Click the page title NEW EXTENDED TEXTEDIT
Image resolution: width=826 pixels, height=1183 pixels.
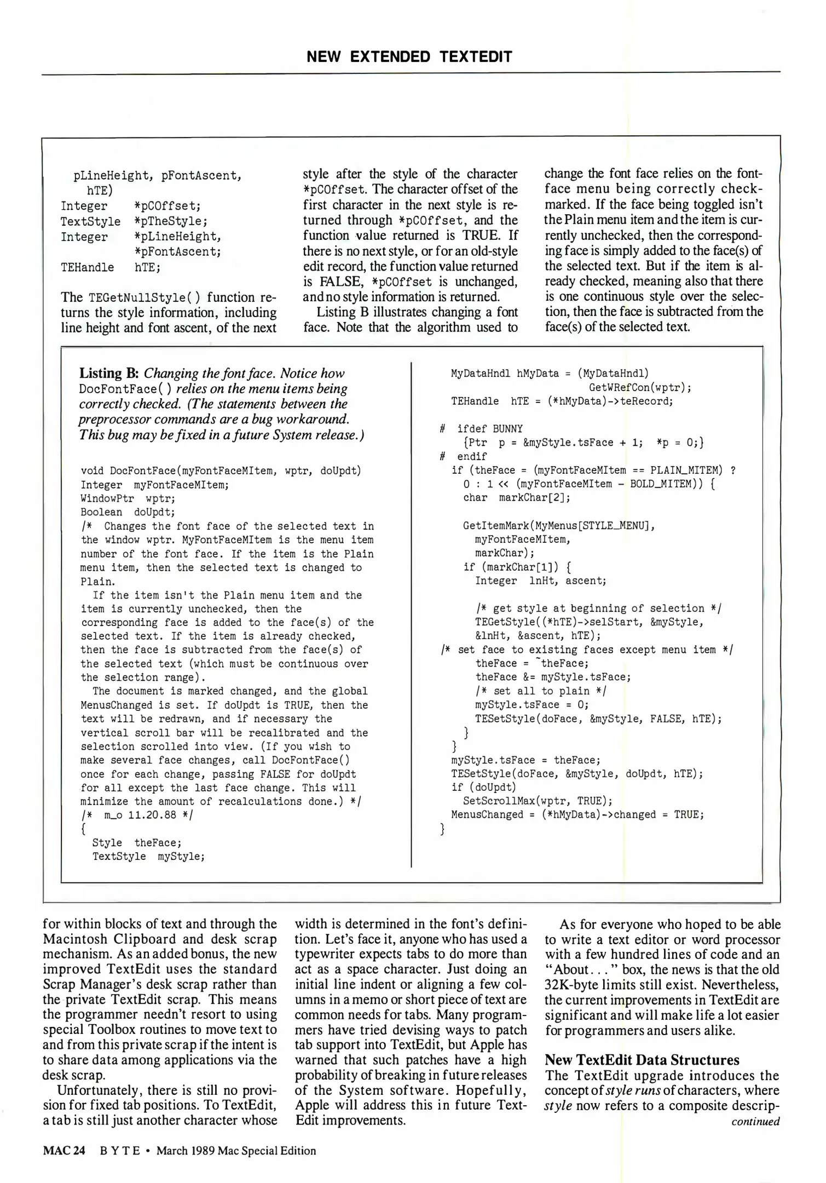[x=409, y=57]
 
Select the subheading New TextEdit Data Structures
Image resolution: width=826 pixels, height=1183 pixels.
[x=642, y=1060]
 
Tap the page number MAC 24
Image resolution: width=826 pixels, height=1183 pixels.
[x=64, y=1151]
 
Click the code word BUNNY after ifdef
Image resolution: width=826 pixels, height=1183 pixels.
[x=507, y=429]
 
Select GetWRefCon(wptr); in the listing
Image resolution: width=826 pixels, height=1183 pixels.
[x=639, y=388]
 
